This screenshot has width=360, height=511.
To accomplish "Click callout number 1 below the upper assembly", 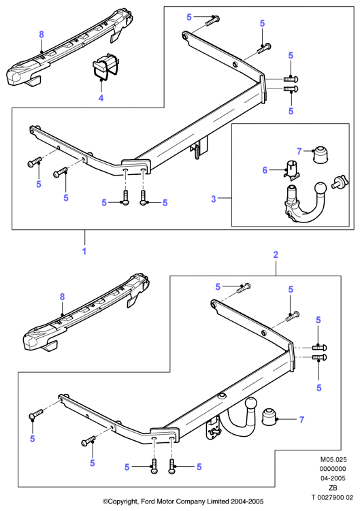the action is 84,251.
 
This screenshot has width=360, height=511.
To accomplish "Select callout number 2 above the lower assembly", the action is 276,254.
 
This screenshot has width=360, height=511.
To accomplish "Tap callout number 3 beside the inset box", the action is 214,199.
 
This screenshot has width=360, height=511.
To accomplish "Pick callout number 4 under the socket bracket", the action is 101,98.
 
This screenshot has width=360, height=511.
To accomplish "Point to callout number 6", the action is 265,170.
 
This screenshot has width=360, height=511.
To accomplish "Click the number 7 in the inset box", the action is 299,151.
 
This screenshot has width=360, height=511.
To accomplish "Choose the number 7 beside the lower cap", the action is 302,420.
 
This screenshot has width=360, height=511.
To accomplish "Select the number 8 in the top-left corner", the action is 42,34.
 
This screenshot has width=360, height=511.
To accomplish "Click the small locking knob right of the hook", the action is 340,182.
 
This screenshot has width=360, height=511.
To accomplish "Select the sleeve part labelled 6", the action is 292,169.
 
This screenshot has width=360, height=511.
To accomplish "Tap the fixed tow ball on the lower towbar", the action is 251,403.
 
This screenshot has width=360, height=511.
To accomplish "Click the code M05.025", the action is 333,459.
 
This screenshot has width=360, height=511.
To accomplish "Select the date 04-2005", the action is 333,478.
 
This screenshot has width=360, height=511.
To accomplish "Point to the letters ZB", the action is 333,488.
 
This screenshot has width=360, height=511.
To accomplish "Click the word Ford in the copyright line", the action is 148,501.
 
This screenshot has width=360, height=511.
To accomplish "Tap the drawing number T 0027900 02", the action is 332,497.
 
